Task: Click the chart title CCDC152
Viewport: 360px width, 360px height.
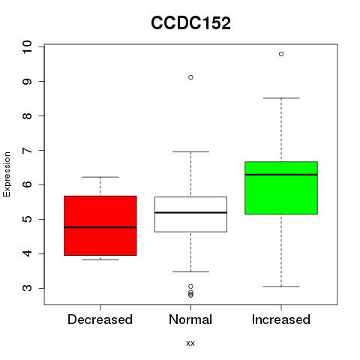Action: (x=190, y=23)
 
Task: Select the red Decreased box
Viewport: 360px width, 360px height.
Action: (x=100, y=226)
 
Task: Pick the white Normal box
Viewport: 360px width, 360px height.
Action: (x=190, y=214)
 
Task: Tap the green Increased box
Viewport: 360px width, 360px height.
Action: (x=281, y=187)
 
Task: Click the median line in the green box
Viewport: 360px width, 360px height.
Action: (x=281, y=175)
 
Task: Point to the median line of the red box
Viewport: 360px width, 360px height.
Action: (x=100, y=227)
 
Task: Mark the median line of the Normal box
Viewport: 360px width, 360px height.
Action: (x=190, y=212)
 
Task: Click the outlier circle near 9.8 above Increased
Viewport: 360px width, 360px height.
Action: (x=281, y=54)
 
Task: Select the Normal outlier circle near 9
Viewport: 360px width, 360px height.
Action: (x=190, y=77)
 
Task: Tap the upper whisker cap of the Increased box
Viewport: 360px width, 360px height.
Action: (x=281, y=98)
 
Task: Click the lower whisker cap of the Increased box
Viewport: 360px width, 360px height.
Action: (x=281, y=286)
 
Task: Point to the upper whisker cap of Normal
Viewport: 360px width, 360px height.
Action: (x=190, y=151)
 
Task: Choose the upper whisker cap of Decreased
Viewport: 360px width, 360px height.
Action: (x=100, y=177)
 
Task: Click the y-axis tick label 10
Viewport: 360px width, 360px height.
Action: (x=28, y=46)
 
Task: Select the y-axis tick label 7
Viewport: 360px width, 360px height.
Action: (x=28, y=150)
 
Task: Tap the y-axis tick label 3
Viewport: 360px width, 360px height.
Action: (x=28, y=288)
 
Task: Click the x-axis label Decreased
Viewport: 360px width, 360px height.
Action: (x=100, y=319)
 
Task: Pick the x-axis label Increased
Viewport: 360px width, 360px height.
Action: (x=281, y=319)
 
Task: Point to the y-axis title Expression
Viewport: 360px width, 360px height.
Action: (x=7, y=174)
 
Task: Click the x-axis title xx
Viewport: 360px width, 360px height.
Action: (x=190, y=343)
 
